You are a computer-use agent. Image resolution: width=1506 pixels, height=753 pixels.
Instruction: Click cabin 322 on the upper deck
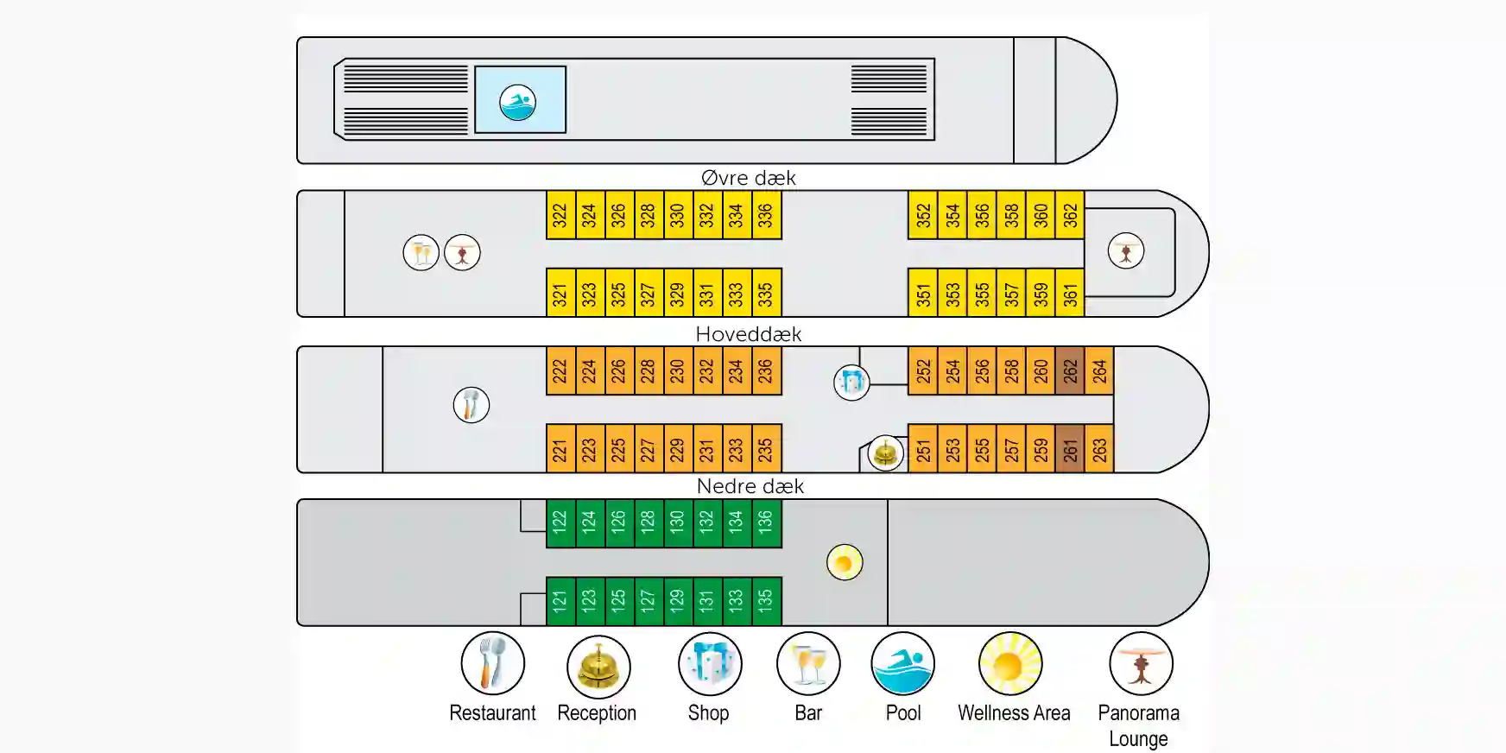tap(560, 215)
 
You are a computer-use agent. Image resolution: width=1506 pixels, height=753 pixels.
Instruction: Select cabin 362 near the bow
tap(1070, 215)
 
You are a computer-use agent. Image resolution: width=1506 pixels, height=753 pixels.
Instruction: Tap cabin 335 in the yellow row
tap(766, 293)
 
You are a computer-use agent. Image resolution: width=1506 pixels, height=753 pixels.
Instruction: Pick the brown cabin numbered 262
tap(1070, 370)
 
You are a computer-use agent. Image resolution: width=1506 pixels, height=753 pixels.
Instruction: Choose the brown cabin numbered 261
tap(1070, 449)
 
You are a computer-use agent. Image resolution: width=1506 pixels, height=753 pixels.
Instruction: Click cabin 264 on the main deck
tap(1099, 370)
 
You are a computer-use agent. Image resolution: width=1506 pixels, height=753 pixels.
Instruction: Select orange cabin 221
tap(560, 449)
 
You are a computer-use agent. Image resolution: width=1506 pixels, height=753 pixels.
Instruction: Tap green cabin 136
tap(766, 523)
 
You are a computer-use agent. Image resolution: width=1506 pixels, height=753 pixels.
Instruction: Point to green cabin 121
tap(560, 601)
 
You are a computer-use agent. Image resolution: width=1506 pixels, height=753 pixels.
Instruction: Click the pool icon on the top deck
tap(518, 102)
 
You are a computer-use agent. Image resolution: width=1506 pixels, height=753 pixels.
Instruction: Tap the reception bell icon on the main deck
tap(885, 452)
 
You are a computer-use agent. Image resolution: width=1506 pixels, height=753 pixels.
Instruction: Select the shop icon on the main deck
tap(851, 382)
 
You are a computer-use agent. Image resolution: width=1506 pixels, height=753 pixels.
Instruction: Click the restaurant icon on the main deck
tap(471, 405)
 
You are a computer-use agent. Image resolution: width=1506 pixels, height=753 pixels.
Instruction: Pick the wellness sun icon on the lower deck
tap(845, 563)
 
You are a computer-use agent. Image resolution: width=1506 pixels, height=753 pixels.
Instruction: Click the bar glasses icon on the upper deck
tap(421, 253)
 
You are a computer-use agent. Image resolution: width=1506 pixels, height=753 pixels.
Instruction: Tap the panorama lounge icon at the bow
tap(1126, 251)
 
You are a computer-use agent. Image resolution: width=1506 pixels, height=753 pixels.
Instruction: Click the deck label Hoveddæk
tap(749, 334)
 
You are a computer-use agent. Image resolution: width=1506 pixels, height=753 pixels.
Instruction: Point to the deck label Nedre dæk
tap(750, 486)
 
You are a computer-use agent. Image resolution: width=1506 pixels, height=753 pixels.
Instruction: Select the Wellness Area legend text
tap(1014, 713)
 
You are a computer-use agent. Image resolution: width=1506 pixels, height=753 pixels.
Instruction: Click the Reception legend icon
tap(598, 667)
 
